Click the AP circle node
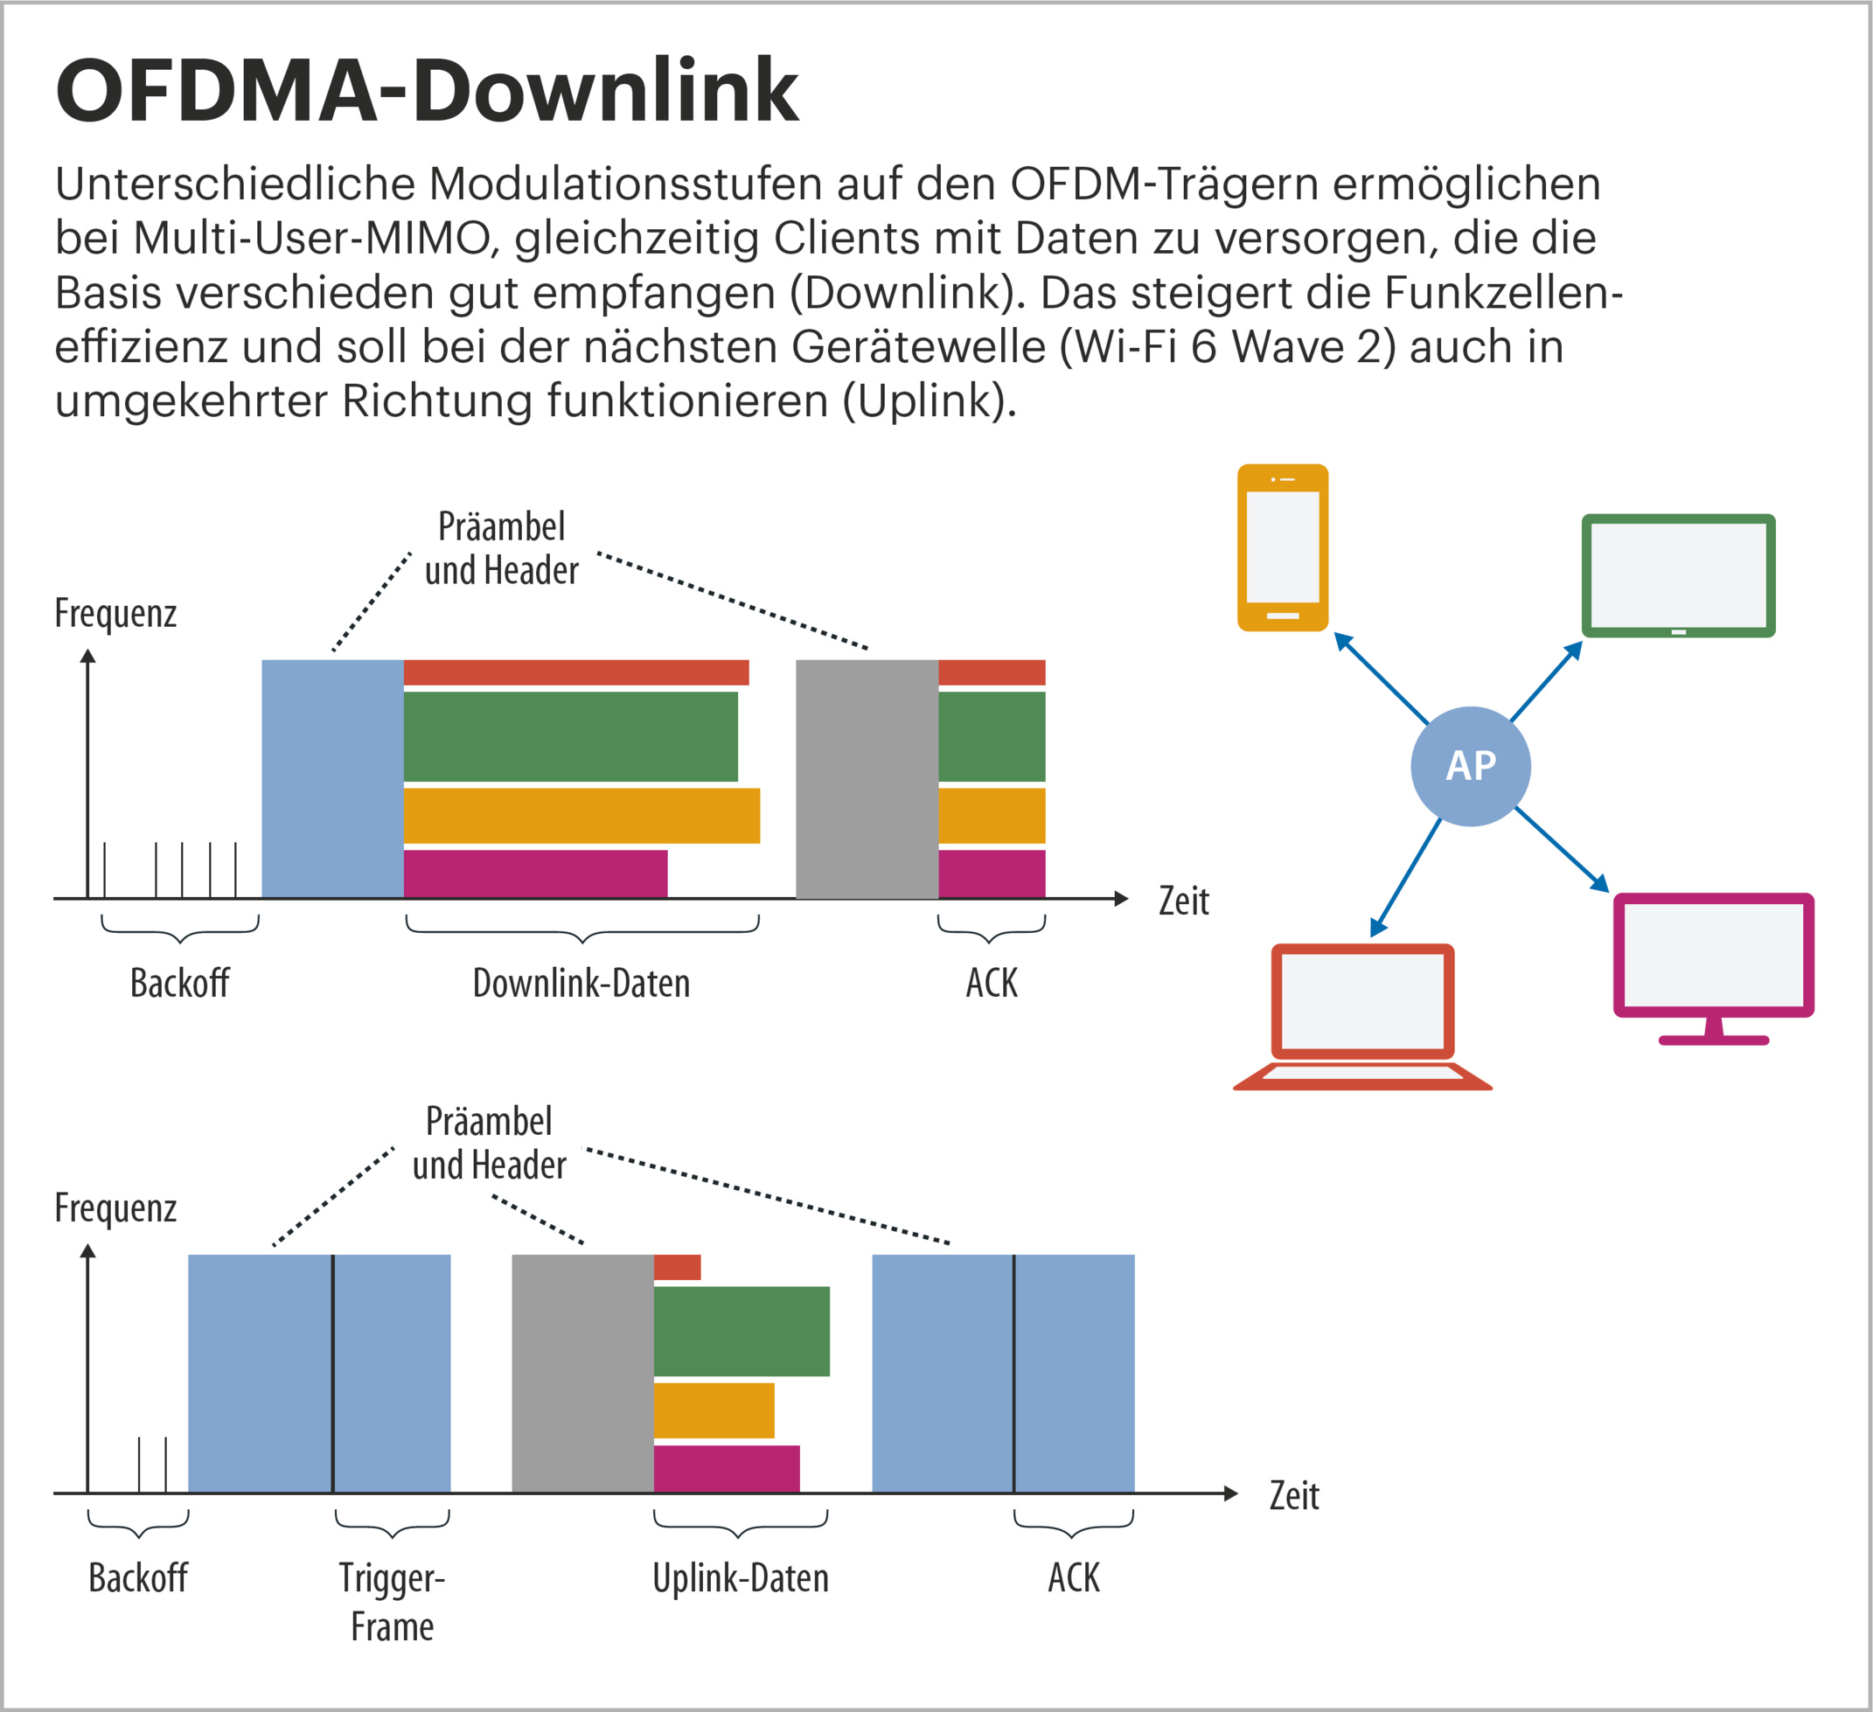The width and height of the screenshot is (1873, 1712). tap(1470, 766)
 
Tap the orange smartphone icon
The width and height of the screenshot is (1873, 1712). tap(1282, 547)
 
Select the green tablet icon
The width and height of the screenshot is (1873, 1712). tap(1678, 575)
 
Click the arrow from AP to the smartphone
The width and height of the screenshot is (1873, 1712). tap(1382, 679)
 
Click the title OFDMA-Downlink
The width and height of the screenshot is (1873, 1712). tap(428, 90)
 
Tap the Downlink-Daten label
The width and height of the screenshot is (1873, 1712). tap(581, 983)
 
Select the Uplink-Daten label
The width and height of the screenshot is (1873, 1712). tap(741, 1577)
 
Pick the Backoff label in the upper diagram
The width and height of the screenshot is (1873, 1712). tap(179, 983)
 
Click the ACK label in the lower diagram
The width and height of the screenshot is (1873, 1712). tap(1073, 1577)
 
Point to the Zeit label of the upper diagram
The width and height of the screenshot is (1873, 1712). tap(1184, 901)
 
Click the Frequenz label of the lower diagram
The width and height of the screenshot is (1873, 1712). tap(115, 1207)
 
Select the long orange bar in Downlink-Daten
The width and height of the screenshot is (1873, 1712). tap(581, 816)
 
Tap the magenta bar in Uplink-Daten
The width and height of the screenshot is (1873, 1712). tap(727, 1468)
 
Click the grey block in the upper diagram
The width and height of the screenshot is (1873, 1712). tap(867, 778)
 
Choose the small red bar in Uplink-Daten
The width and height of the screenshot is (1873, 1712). tap(678, 1267)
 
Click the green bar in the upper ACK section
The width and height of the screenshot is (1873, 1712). tap(992, 736)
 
